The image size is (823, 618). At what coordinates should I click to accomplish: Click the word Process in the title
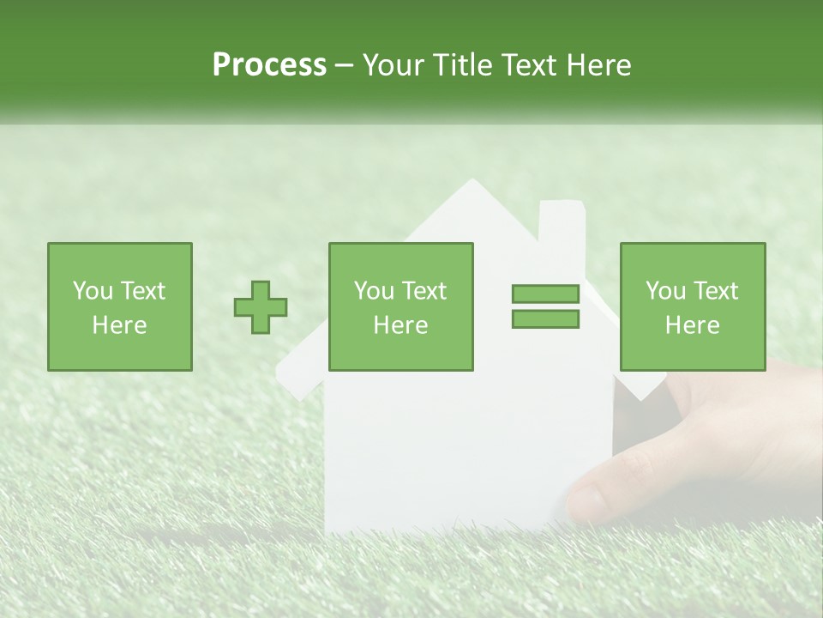[x=269, y=65]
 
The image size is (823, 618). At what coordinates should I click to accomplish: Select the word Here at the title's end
[x=598, y=65]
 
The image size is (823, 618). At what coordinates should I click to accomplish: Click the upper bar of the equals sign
[x=545, y=294]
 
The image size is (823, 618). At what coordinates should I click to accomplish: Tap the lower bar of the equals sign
[x=545, y=318]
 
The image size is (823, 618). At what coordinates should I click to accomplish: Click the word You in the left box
[x=92, y=291]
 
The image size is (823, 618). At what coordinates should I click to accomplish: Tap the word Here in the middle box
[x=401, y=325]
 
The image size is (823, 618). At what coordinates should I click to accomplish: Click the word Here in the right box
[x=693, y=325]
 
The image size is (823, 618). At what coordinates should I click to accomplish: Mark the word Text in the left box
[x=142, y=291]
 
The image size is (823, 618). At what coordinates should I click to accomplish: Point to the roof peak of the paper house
[x=471, y=182]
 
